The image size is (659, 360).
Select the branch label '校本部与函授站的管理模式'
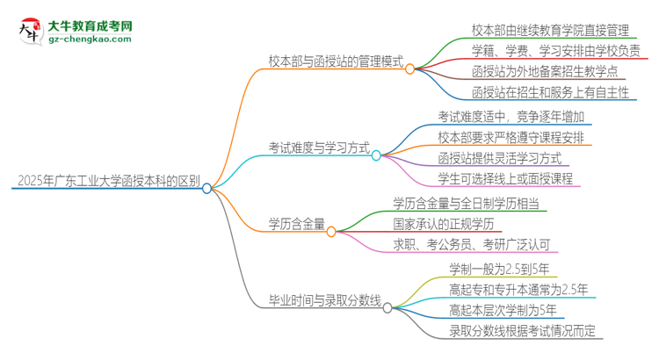pos(336,62)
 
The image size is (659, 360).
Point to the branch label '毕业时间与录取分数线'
pos(324,300)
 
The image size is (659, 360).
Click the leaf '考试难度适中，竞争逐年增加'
pos(511,116)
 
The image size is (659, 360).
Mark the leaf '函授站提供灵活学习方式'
pos(499,158)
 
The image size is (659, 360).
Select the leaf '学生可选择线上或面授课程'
pos(505,179)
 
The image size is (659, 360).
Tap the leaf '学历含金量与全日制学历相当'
pos(467,203)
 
